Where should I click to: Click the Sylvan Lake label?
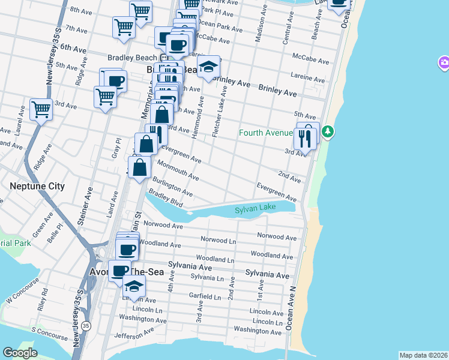click(x=255, y=208)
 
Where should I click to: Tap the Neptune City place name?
click(x=37, y=187)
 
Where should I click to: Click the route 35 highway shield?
click(x=87, y=325)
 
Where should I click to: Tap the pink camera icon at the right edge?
click(x=444, y=62)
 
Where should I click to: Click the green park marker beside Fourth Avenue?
click(x=327, y=132)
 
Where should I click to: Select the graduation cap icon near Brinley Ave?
click(x=208, y=67)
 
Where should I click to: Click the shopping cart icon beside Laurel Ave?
click(x=41, y=110)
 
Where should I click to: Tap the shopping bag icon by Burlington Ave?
click(x=139, y=168)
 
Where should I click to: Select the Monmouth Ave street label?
click(x=178, y=170)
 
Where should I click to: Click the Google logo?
click(x=20, y=353)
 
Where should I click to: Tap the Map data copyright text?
click(x=423, y=355)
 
